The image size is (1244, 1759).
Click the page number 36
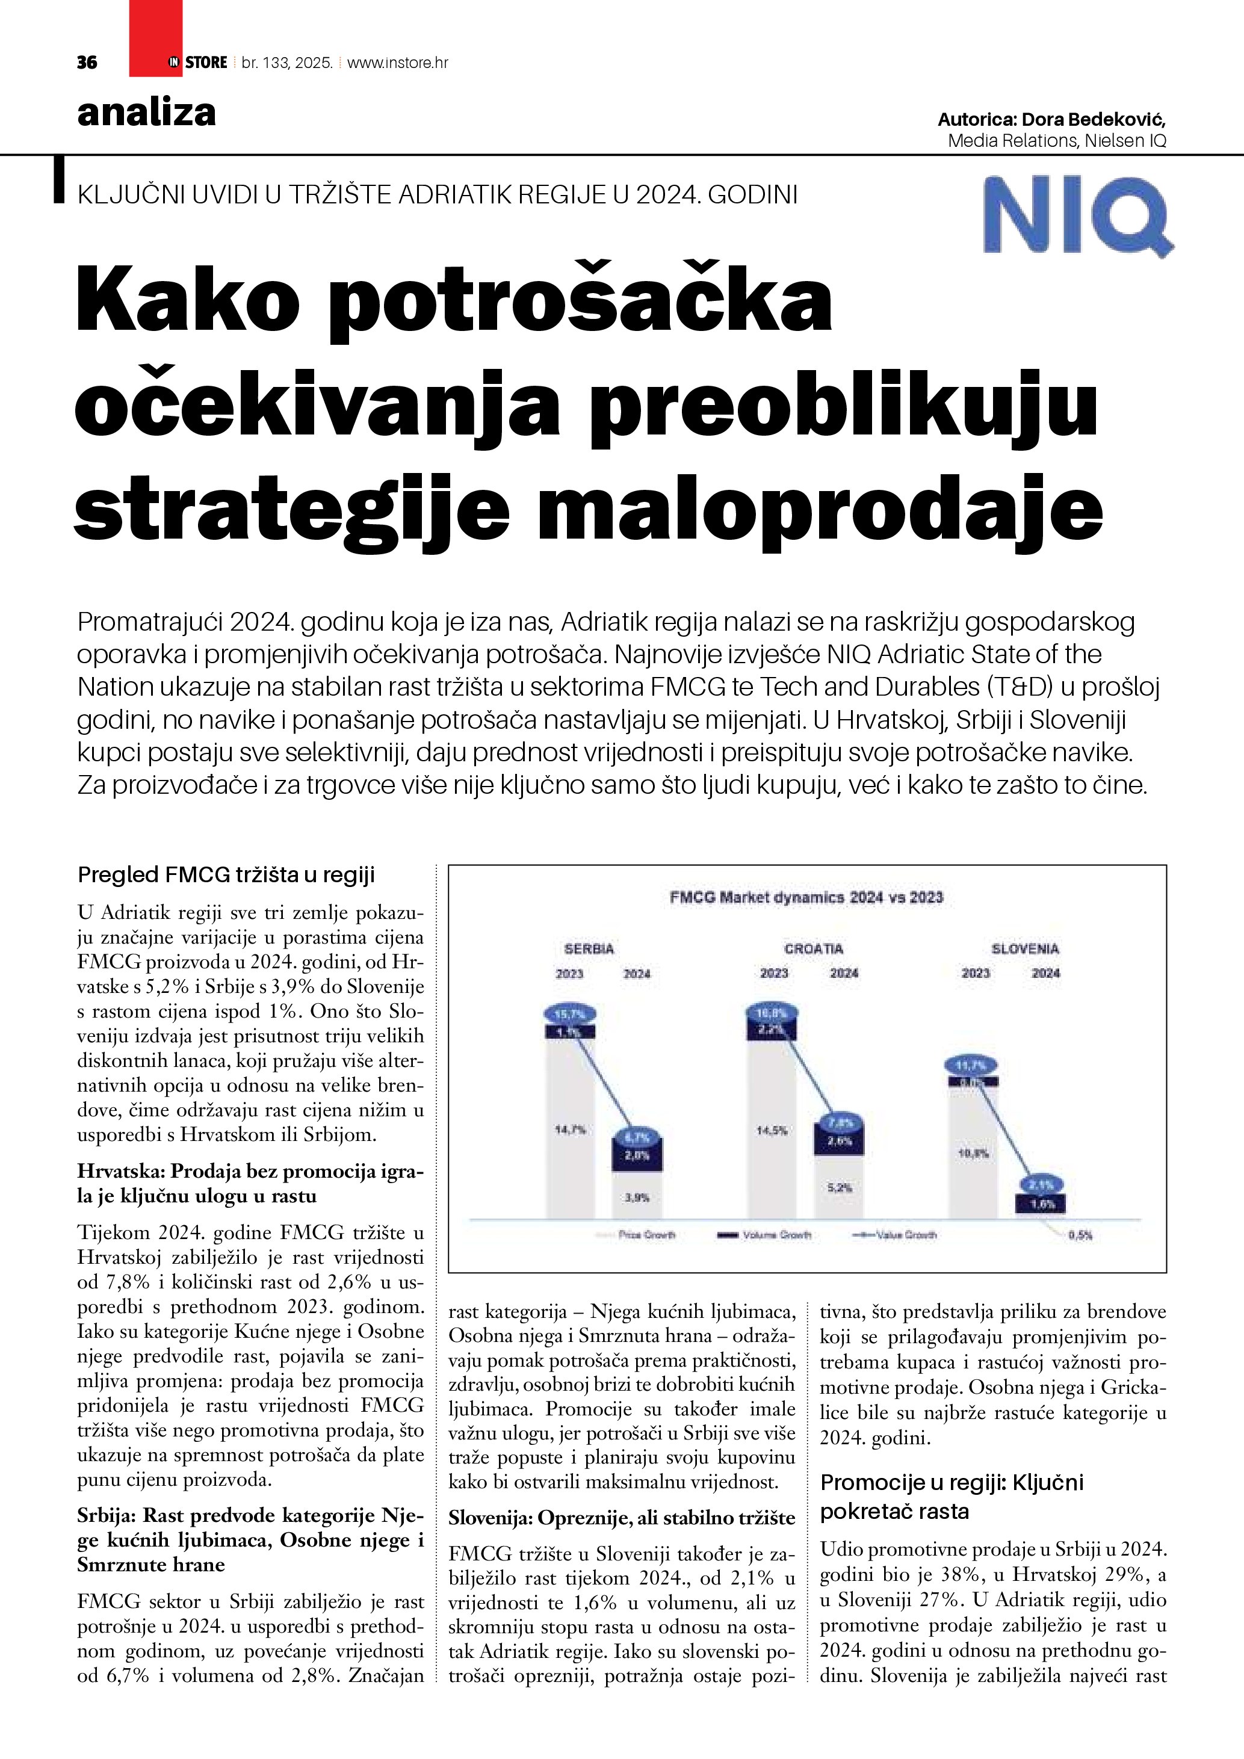[87, 63]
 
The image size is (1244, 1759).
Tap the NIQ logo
[1078, 217]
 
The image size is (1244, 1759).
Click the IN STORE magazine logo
[197, 63]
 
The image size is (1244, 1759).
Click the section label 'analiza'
[146, 113]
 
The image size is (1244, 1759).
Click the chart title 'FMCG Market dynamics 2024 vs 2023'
[806, 897]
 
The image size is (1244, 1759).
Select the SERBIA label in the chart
[589, 949]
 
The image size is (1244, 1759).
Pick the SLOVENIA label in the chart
[1025, 949]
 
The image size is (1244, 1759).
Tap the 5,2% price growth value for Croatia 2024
[840, 1187]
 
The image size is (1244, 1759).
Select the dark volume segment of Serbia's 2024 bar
[637, 1156]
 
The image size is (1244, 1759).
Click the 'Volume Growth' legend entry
[775, 1235]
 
